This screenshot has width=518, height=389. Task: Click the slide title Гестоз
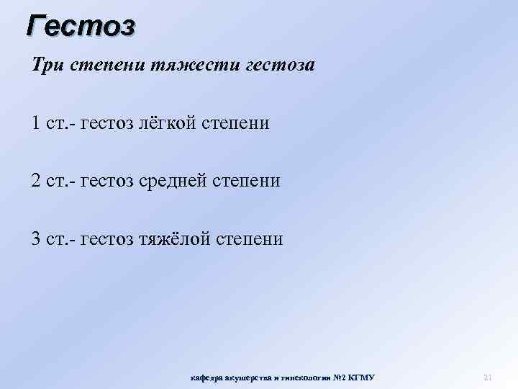[81, 26]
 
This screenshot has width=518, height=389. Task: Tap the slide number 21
[487, 377]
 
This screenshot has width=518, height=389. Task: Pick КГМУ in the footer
[361, 377]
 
